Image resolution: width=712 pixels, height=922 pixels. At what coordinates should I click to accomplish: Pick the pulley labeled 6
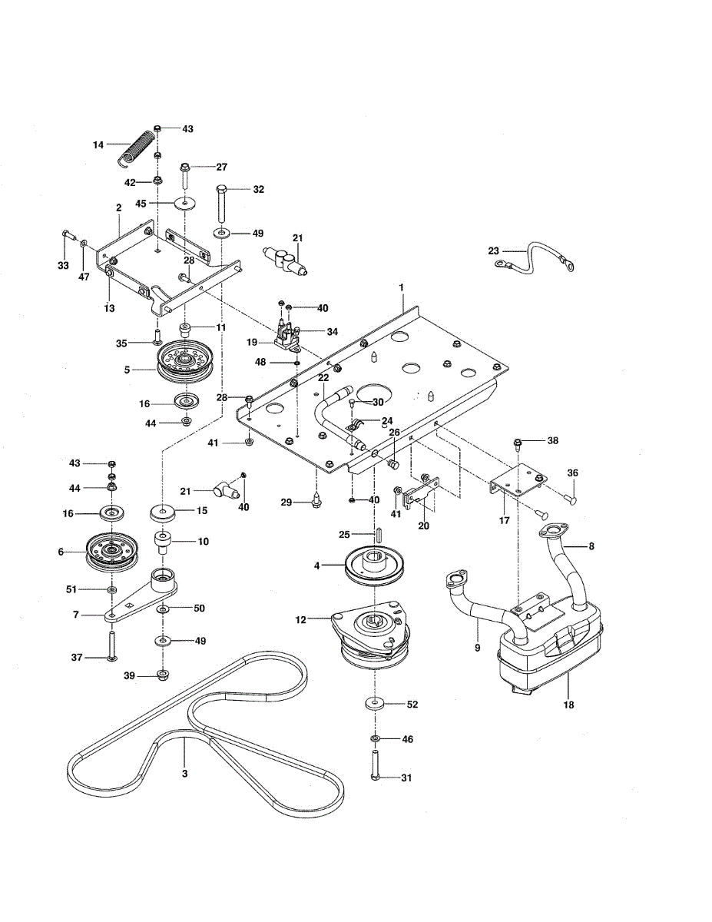pos(112,550)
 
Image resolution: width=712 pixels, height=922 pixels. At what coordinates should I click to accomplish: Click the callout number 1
pos(400,287)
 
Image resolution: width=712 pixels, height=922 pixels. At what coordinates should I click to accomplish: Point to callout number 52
pos(412,704)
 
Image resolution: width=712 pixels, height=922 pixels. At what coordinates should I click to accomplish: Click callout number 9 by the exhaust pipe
pos(478,648)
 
